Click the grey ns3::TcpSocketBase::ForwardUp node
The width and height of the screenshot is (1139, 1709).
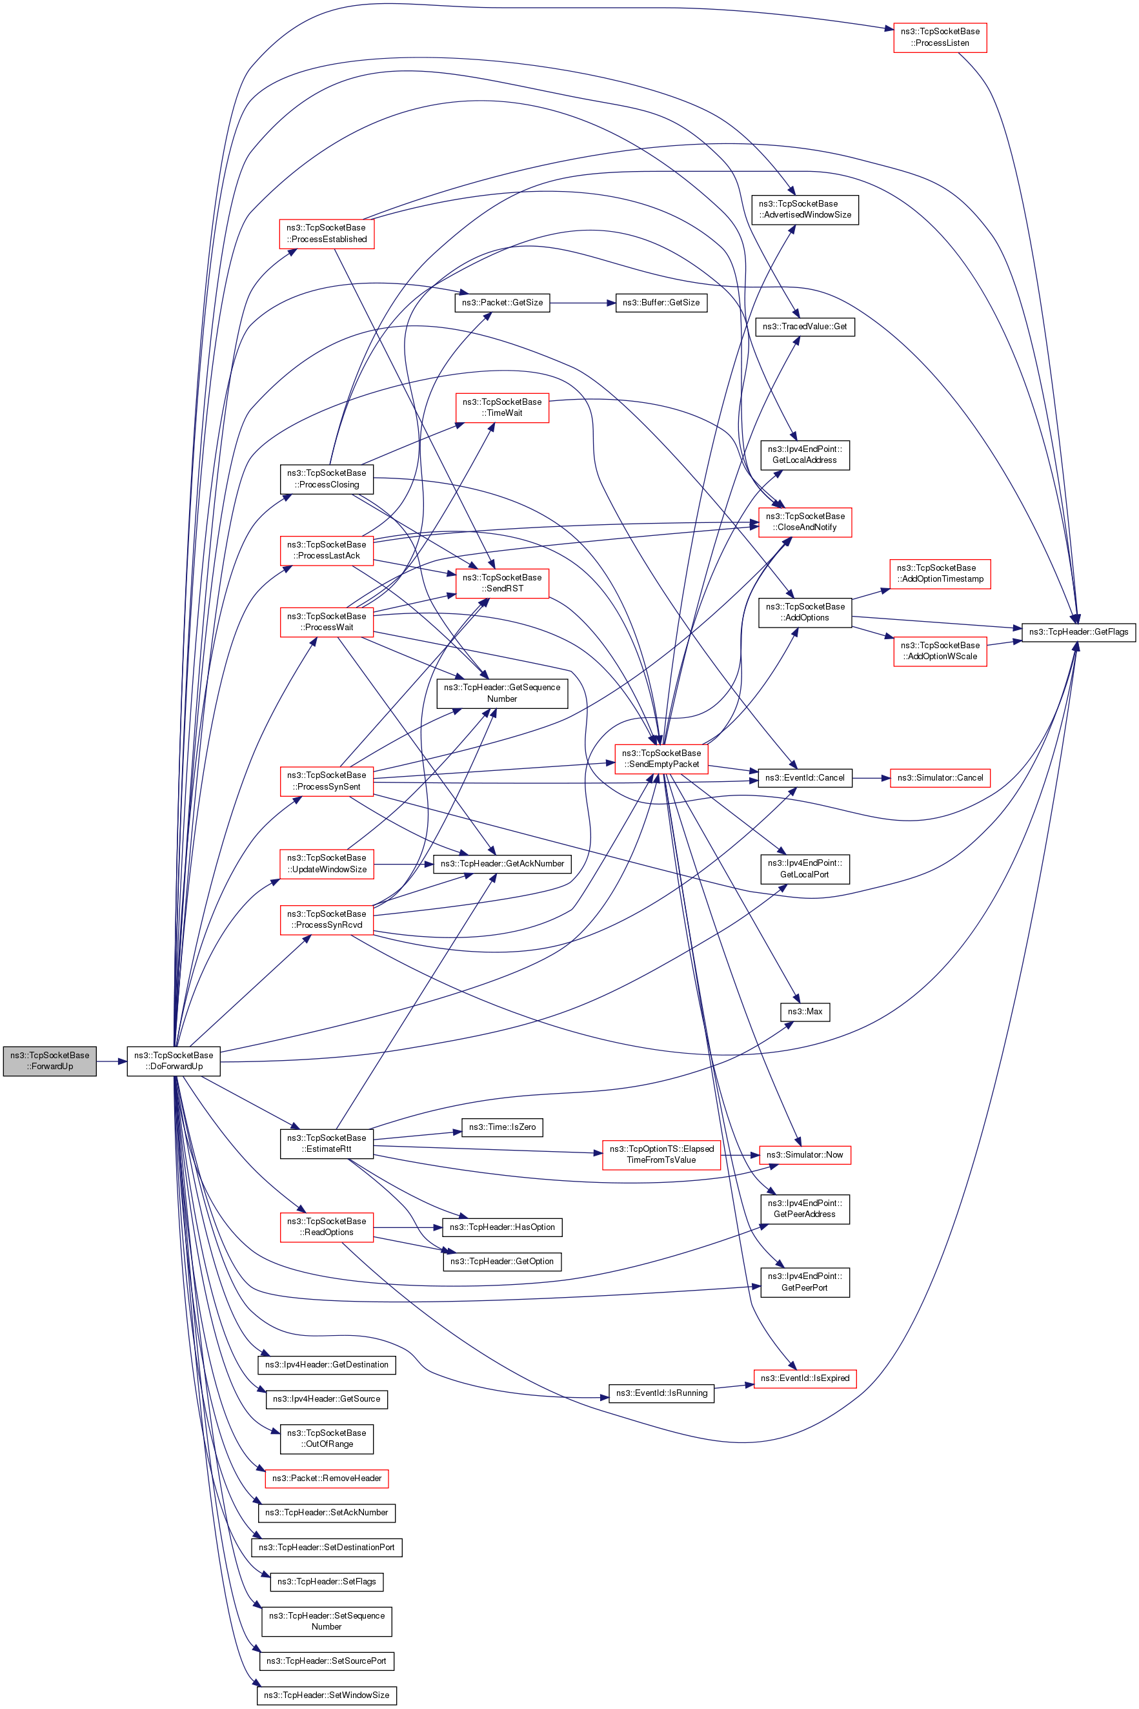pos(50,1061)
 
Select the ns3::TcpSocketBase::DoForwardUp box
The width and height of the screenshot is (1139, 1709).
pos(174,1061)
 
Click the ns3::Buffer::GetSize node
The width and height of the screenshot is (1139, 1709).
pos(660,302)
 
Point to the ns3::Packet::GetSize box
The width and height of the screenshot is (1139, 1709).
pos(502,302)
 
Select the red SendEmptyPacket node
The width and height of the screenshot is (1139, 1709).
pos(661,759)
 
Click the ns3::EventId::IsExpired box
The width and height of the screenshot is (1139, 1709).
pos(804,1378)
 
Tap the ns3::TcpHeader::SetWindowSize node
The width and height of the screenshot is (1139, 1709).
pos(326,1695)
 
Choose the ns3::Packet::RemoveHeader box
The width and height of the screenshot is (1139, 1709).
pos(326,1478)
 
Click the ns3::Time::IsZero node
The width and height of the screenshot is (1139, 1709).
pos(502,1127)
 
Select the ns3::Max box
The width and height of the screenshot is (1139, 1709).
pos(804,1012)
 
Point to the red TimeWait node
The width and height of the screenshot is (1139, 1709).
pos(502,407)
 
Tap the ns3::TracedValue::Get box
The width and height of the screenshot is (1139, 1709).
pos(804,326)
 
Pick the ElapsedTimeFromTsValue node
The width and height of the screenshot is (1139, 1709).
pos(661,1154)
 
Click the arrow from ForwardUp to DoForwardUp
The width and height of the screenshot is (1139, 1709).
pos(112,1061)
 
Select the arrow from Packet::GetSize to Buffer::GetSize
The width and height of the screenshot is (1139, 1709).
pos(583,302)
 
